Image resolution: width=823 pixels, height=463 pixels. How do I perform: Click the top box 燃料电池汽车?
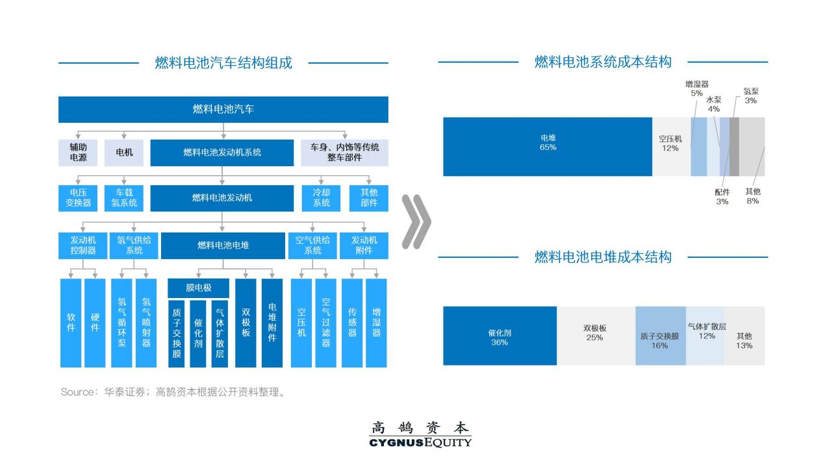click(223, 109)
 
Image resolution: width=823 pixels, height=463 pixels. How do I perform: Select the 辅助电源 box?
click(78, 153)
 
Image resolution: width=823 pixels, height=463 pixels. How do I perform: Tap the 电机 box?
click(124, 153)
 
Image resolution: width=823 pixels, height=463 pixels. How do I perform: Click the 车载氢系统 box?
click(124, 198)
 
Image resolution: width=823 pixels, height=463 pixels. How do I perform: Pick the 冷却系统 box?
click(322, 198)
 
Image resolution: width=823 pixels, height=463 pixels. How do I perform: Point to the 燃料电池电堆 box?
click(223, 245)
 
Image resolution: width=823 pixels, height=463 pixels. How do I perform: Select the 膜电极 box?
click(198, 288)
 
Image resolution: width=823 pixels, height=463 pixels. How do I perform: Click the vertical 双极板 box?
click(246, 323)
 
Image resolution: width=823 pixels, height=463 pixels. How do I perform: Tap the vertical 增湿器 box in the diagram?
click(376, 323)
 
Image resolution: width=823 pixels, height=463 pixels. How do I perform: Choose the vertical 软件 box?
click(71, 323)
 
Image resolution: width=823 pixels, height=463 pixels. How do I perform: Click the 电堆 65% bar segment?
click(548, 147)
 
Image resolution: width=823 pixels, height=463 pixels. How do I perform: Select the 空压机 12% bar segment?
click(670, 147)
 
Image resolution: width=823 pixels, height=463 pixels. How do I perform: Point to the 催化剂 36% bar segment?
click(500, 336)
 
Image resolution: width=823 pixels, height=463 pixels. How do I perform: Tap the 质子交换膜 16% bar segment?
click(660, 336)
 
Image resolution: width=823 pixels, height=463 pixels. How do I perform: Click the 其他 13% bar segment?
click(744, 336)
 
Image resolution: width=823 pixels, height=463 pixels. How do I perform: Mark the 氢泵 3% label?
click(750, 95)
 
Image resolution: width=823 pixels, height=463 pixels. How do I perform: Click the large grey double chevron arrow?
click(416, 221)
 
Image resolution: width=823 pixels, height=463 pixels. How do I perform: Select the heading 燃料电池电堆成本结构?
click(602, 257)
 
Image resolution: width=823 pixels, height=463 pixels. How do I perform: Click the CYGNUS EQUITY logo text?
click(420, 443)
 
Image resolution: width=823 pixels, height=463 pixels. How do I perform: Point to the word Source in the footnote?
click(77, 392)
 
